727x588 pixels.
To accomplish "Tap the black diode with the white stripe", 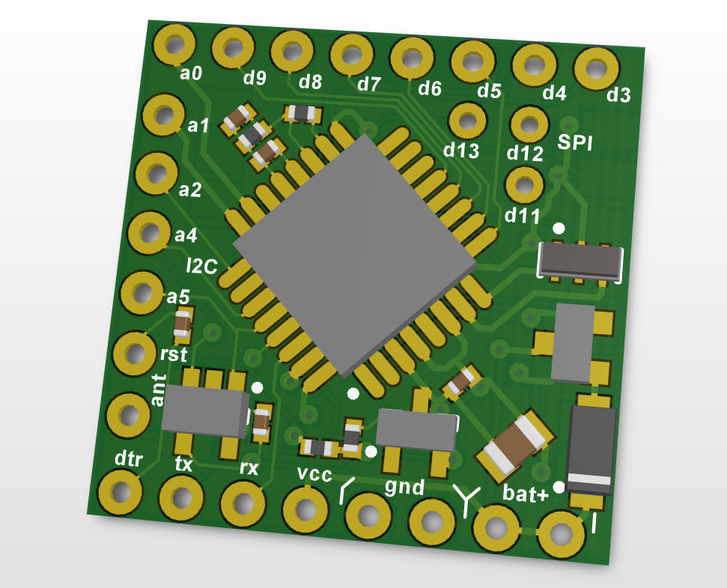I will point(591,449).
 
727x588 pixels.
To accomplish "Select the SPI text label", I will point(575,143).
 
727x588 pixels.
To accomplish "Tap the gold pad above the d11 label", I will point(525,184).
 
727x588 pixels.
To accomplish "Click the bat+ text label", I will point(526,493).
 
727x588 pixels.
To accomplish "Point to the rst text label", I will point(174,353).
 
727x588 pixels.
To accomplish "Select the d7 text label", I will point(368,84).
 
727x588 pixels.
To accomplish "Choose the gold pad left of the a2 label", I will point(156,174).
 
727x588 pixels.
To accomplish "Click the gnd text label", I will point(404,487).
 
